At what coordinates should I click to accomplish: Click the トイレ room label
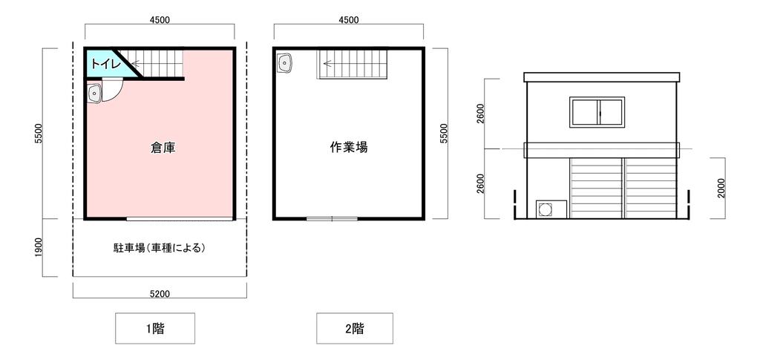pos(103,64)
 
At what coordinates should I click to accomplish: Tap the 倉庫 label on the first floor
pos(163,148)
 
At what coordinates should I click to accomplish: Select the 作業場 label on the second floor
pos(349,147)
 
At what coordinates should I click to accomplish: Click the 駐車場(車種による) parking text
pos(157,249)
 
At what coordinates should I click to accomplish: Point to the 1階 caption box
pos(155,329)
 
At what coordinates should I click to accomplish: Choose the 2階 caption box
pos(355,329)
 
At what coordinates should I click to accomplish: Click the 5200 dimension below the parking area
pos(160,293)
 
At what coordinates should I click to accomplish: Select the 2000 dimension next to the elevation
pos(721,188)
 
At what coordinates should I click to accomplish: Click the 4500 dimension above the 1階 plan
pos(160,20)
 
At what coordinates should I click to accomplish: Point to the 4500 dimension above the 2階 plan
pos(349,20)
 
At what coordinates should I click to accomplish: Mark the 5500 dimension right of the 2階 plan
pos(444,134)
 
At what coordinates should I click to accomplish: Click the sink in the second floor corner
pos(284,64)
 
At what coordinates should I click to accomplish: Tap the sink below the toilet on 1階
pos(94,93)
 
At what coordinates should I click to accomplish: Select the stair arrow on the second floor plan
pos(336,63)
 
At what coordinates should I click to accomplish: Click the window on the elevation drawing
pos(597,112)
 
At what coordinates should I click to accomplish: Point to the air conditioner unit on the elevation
pos(551,209)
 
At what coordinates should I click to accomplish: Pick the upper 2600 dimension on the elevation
pos(480,114)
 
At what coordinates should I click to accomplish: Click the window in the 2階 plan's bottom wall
pos(332,219)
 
